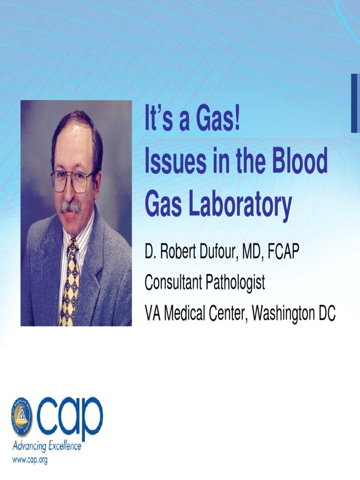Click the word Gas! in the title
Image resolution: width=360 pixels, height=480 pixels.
(x=218, y=120)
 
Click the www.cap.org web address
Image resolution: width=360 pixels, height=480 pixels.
(x=30, y=460)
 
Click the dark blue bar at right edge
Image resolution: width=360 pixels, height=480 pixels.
(x=355, y=103)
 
